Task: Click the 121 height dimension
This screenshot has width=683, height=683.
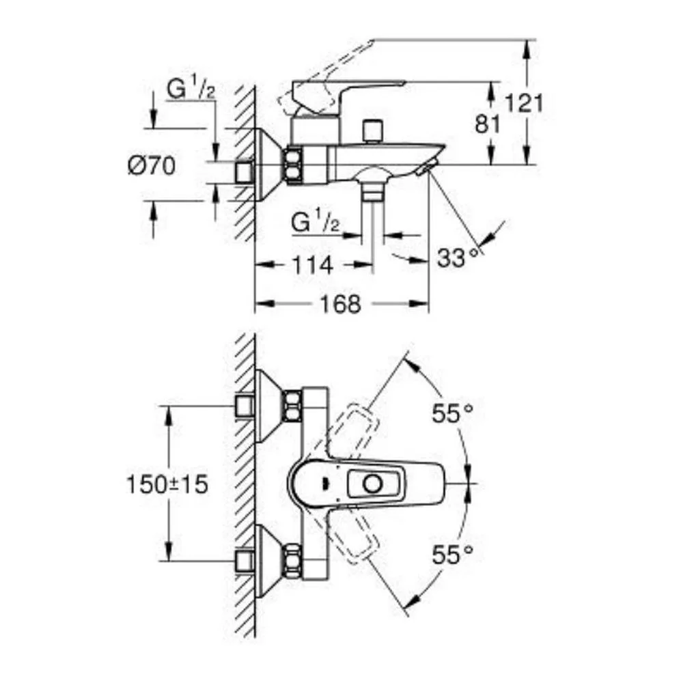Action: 524,104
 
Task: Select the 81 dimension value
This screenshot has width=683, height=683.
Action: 488,124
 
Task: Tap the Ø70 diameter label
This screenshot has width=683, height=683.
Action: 152,166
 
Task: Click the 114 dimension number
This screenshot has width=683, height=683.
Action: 313,265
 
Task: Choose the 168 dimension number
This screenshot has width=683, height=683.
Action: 341,304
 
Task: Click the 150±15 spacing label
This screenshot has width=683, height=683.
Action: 167,484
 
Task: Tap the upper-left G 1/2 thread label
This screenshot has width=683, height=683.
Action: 191,89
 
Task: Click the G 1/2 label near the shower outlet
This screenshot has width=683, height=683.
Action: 315,223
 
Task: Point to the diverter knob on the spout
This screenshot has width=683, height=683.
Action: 372,130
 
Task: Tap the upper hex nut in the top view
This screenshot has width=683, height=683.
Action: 292,406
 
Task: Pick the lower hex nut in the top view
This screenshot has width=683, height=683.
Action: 292,561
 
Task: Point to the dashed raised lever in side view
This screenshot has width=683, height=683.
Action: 325,78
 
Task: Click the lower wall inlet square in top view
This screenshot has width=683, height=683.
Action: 245,561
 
